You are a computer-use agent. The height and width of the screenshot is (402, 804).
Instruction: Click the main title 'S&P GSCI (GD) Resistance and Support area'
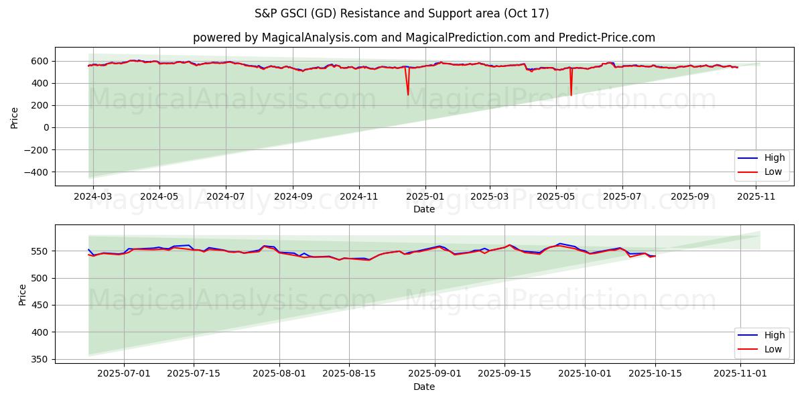401,13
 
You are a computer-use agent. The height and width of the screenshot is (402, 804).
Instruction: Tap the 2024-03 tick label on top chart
93,197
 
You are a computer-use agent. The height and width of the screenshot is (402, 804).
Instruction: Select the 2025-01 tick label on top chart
424,197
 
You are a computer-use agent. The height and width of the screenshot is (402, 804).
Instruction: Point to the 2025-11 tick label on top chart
756,197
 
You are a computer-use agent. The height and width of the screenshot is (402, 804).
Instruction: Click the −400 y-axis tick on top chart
34,172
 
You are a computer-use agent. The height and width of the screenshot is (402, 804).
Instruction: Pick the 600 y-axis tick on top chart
40,61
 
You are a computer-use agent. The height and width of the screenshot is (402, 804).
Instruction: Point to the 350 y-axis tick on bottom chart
40,359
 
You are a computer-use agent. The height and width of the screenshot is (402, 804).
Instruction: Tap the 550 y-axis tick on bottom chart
40,251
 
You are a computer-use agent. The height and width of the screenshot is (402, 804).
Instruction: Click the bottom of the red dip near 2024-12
407,94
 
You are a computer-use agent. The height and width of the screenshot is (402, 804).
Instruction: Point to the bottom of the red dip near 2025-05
571,95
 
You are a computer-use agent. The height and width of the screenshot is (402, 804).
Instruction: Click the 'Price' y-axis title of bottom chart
23,295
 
